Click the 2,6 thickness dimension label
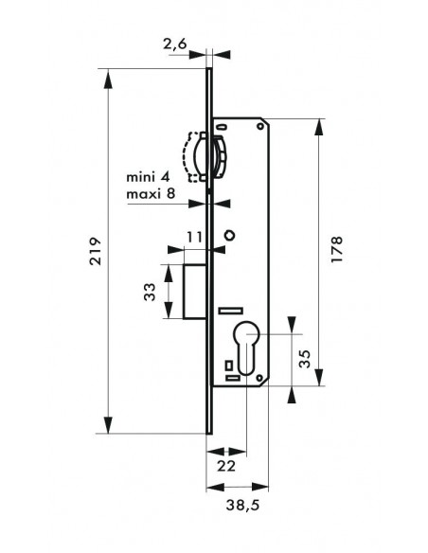point(174,45)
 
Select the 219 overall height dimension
point(96,251)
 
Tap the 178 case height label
point(337,249)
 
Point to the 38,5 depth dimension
point(242,506)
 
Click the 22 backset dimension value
point(226,466)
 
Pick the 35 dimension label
point(305,359)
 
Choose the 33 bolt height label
point(150,292)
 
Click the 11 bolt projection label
point(194,237)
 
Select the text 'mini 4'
point(148,176)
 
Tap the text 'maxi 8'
point(151,193)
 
